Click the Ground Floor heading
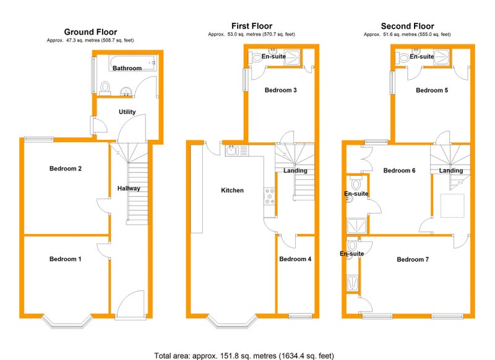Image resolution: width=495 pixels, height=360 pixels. pos(90,32)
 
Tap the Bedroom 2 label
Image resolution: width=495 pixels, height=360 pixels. pos(66,168)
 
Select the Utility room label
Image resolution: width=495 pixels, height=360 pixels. pos(127,112)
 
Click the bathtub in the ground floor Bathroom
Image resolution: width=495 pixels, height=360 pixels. pos(133,63)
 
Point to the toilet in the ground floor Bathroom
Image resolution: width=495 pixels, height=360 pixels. pos(105,88)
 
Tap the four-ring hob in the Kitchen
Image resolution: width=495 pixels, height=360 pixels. pos(270,196)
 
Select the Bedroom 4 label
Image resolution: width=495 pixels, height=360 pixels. pos(295,259)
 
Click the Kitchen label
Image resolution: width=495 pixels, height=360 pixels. pos(233,191)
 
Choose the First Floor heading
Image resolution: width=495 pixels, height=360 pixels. pos(252,26)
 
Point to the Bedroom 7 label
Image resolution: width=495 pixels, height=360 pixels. pos(413,259)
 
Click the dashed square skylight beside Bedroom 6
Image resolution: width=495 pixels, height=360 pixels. pos(452,206)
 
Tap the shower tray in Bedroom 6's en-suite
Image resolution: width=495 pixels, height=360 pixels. pos(357,226)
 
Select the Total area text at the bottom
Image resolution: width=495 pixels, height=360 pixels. pos(244,356)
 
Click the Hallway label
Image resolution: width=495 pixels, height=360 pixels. pos(129,189)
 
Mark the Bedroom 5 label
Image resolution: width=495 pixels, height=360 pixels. pos(432,90)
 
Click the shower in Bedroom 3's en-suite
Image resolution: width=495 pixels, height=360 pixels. pos(291,58)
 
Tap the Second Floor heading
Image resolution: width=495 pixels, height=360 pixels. pos(407,26)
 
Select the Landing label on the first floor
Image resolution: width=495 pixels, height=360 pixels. pos(295,171)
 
